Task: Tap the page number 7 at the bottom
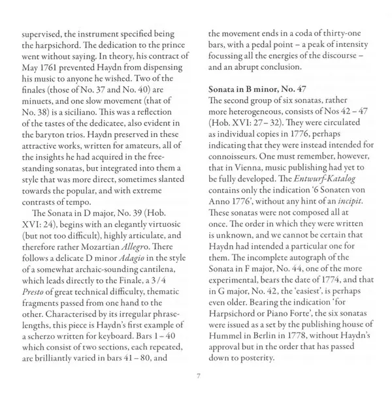197,376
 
